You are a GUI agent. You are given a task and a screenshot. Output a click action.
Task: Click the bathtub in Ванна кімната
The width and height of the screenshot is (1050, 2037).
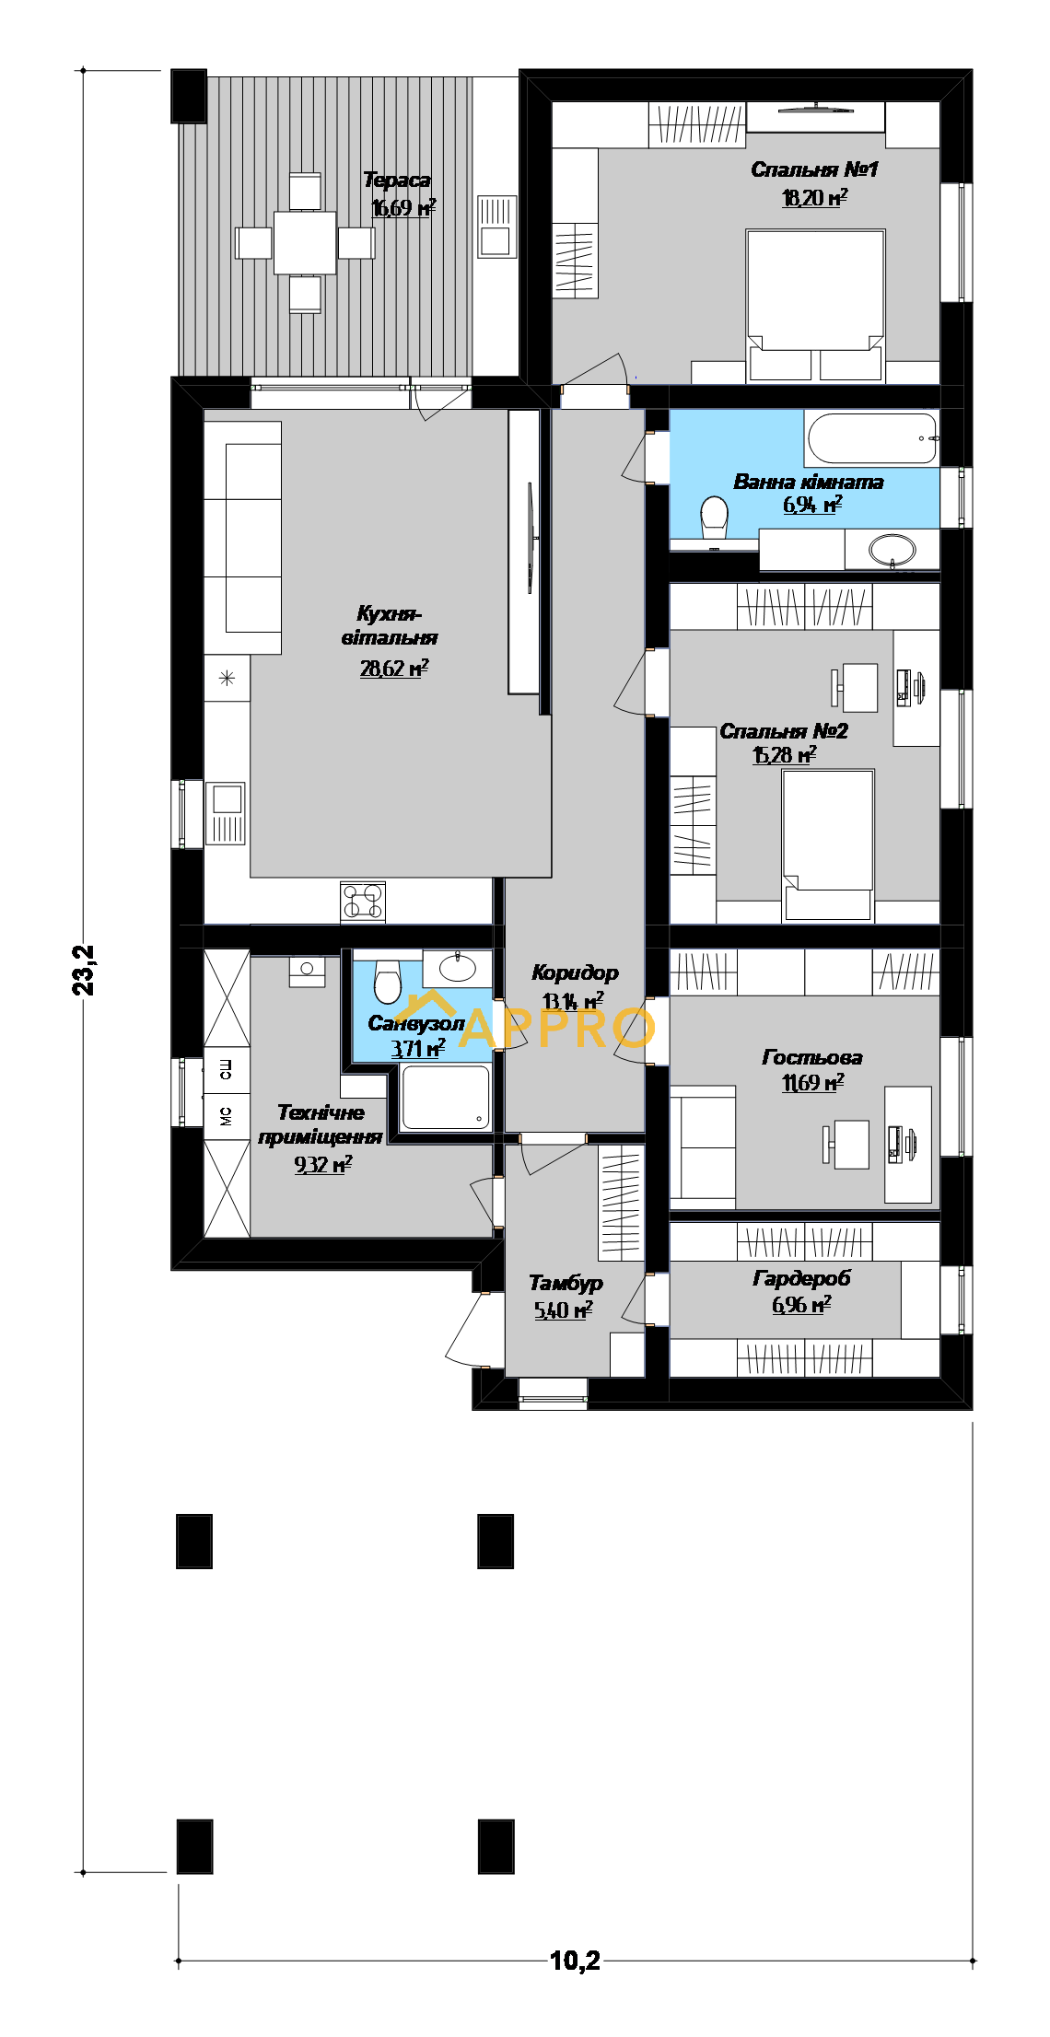872,438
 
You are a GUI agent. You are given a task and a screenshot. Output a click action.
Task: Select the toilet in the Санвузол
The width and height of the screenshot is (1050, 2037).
388,980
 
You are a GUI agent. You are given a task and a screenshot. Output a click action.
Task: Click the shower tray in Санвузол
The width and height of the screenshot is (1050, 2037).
446,1096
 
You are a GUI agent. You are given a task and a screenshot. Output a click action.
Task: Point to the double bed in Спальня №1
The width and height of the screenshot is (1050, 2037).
815,304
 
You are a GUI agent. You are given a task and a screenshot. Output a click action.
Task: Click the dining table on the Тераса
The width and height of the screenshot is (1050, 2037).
305,242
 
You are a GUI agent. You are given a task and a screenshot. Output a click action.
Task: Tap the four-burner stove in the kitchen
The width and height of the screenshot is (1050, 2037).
363,902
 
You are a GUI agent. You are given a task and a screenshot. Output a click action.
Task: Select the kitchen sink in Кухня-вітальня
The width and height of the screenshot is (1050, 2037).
226,812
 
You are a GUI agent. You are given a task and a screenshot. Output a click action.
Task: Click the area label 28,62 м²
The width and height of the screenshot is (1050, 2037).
394,669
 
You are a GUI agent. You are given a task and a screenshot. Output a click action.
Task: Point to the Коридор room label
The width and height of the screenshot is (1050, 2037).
575,972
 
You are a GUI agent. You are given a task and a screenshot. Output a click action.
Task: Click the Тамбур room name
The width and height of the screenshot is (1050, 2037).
566,1283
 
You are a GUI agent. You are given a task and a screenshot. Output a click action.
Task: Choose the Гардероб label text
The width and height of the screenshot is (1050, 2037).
801,1278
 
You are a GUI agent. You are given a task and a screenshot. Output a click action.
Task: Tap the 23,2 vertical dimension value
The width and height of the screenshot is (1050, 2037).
84,970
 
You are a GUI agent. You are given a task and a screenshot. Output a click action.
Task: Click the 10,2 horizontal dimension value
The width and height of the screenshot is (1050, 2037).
575,1961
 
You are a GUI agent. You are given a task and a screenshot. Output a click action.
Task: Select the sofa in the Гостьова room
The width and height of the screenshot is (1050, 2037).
703,1147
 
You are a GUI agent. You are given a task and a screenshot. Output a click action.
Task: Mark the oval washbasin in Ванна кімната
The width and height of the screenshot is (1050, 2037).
892,550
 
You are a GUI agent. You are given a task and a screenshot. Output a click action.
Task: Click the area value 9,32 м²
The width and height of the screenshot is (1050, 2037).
323,1165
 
